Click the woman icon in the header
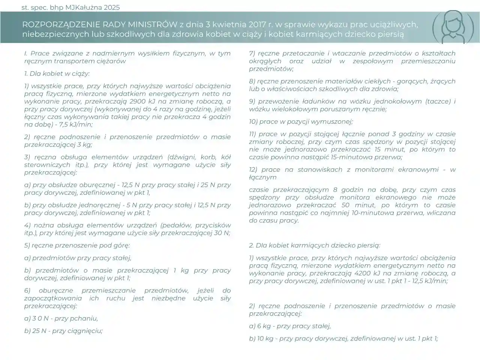click(450, 27)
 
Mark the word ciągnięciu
click(86, 331)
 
